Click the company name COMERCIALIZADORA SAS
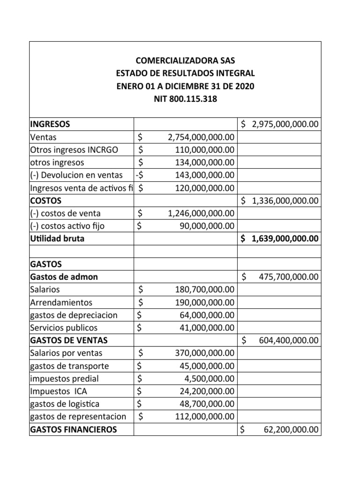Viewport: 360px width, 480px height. pyautogui.click(x=185, y=60)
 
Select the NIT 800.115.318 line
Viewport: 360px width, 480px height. pyautogui.click(x=185, y=99)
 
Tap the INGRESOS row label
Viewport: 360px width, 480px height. pyautogui.click(x=50, y=124)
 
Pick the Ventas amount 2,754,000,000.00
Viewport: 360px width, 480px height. pyautogui.click(x=201, y=137)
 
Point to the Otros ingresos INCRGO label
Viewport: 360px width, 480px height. pyautogui.click(x=74, y=150)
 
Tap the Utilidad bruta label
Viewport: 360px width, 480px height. pyautogui.click(x=57, y=239)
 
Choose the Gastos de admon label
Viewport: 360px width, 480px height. pyautogui.click(x=64, y=277)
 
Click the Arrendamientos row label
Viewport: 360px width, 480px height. pyautogui.click(x=61, y=302)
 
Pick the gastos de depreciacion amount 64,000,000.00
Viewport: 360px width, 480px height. pyautogui.click(x=207, y=315)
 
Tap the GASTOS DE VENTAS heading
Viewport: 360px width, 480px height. pyautogui.click(x=68, y=340)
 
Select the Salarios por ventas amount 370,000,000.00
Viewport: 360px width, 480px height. pyautogui.click(x=205, y=352)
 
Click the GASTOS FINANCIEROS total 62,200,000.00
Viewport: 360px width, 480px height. pyautogui.click(x=291, y=429)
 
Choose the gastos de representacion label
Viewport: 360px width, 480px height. pyautogui.click(x=78, y=416)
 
